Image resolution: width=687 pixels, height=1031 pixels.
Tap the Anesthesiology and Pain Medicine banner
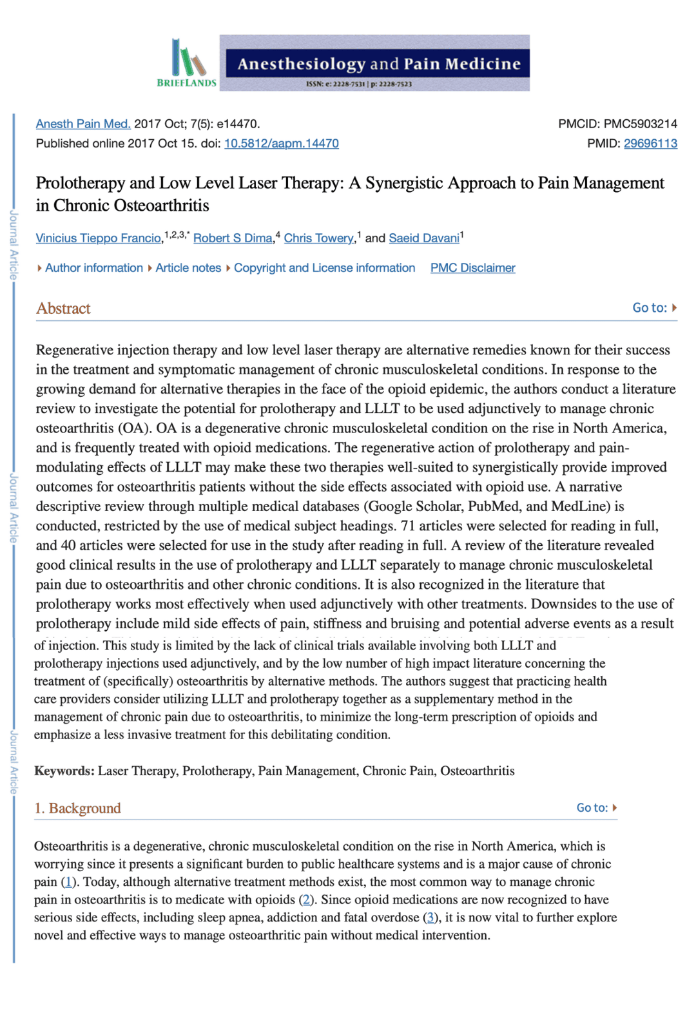(374, 63)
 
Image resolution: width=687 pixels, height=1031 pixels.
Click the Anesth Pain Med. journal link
(83, 124)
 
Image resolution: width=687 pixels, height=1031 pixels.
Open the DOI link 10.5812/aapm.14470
(281, 143)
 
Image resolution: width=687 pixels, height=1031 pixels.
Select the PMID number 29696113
(650, 143)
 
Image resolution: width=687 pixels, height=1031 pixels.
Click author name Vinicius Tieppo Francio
(99, 238)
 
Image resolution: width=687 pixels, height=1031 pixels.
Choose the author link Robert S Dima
(233, 238)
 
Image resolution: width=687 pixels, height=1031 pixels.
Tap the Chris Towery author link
(319, 238)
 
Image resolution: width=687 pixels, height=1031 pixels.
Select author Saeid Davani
(424, 238)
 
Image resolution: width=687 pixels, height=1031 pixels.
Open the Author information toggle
(93, 267)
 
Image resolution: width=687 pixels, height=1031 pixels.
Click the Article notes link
(188, 267)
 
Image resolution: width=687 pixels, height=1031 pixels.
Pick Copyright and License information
(324, 267)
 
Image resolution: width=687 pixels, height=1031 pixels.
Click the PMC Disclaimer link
(472, 267)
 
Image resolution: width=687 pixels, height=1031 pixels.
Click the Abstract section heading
(63, 308)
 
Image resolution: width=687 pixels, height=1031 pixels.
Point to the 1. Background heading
(77, 808)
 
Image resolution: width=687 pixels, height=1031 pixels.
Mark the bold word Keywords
(64, 771)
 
